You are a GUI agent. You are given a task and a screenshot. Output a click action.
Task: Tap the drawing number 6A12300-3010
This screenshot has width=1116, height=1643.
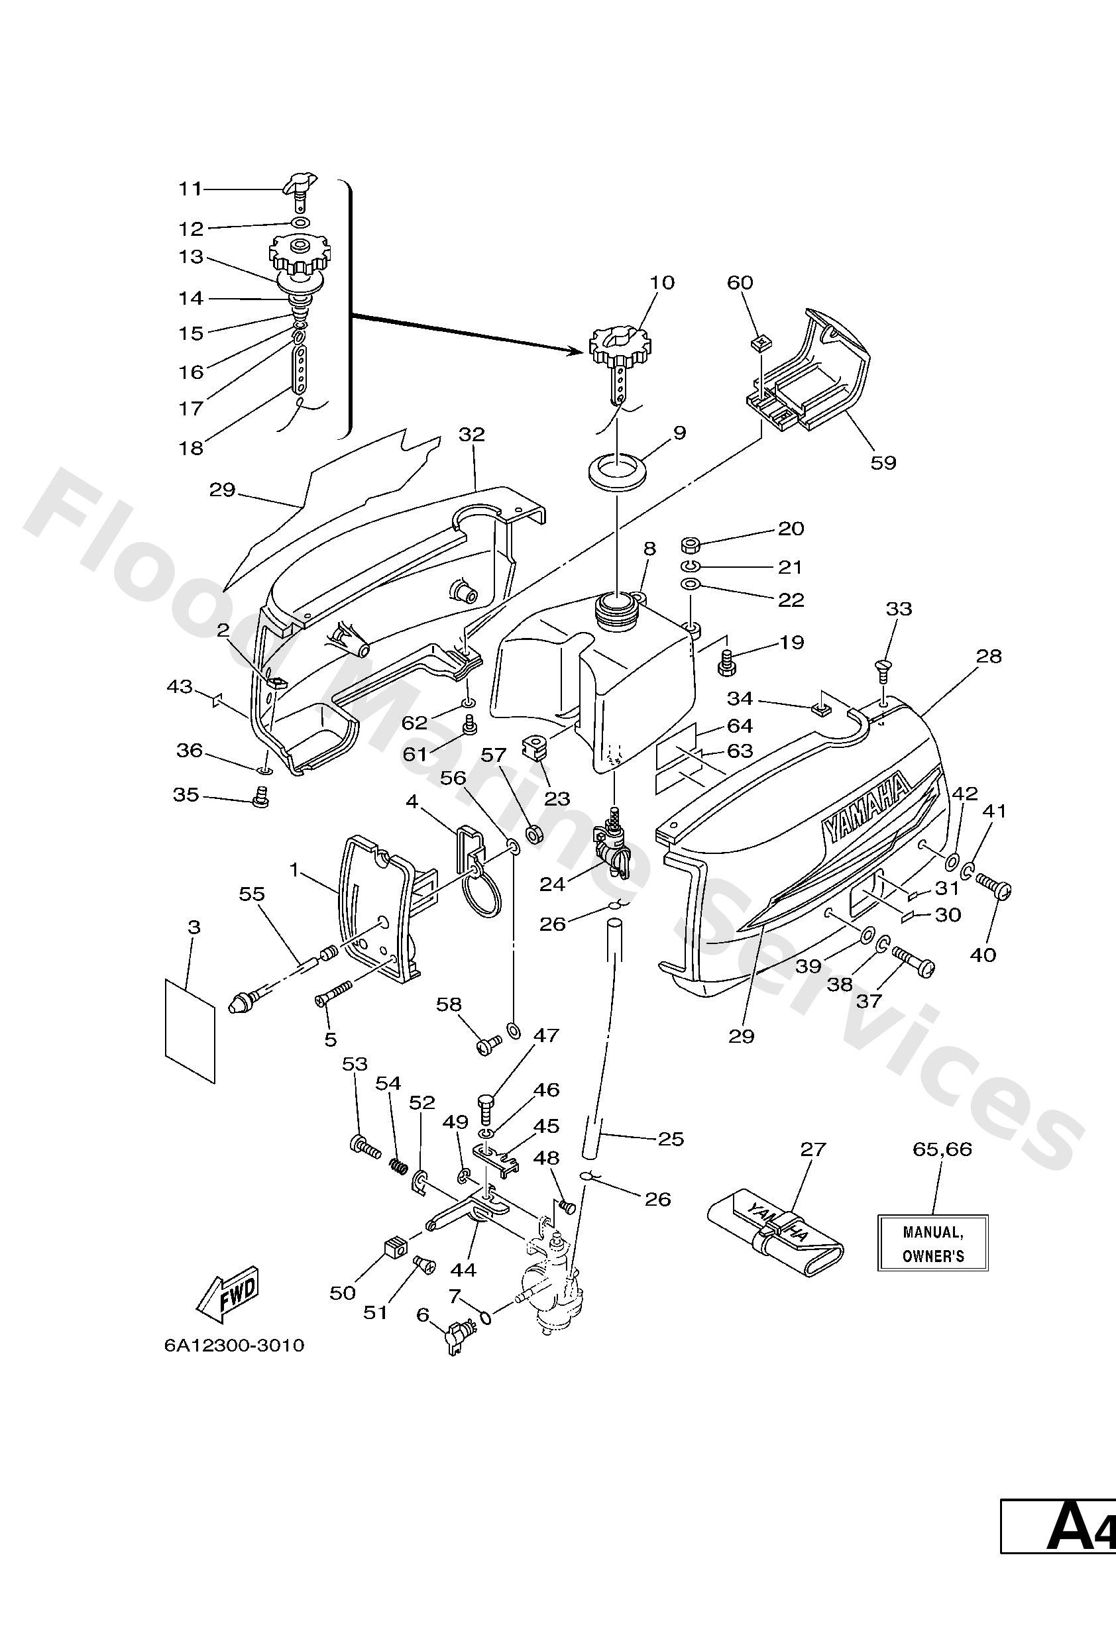click(x=234, y=1345)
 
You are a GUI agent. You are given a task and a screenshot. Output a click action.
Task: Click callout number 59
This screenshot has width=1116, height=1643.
click(x=883, y=462)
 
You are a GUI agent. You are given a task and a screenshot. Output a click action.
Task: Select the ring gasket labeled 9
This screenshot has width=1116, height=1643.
click(x=618, y=470)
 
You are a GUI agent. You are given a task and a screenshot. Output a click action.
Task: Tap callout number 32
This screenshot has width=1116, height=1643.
click(x=472, y=434)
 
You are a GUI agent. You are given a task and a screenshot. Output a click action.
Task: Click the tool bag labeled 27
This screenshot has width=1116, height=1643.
click(x=776, y=1233)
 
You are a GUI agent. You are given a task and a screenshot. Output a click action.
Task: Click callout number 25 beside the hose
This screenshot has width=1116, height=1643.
click(x=671, y=1138)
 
